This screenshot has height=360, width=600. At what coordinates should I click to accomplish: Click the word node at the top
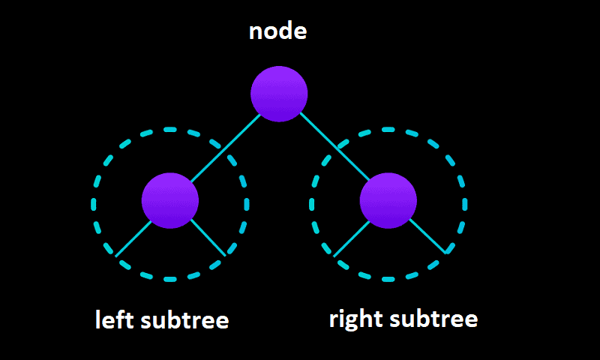point(278,32)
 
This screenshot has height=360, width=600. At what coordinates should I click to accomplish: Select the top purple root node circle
point(279,94)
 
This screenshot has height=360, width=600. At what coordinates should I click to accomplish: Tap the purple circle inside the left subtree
point(170,200)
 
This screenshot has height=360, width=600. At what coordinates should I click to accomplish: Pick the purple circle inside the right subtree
point(388,200)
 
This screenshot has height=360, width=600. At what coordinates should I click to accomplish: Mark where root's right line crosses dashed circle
point(338,153)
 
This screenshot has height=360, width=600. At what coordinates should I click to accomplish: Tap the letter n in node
point(256,34)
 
